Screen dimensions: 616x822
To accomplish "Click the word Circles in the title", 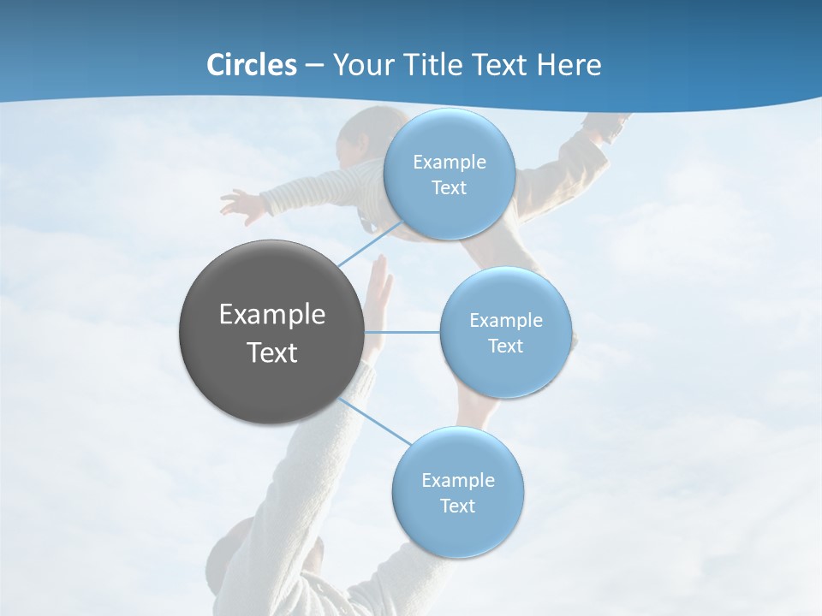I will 251,65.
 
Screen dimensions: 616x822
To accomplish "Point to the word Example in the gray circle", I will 272,315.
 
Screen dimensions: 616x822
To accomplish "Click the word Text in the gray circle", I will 272,352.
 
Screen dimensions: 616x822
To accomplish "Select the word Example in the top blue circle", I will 449,163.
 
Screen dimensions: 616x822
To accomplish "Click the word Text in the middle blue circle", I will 505,346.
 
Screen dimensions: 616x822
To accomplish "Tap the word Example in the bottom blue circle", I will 457,480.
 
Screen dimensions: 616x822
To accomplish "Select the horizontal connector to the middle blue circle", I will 402,332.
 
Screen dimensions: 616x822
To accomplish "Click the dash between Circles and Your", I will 314,66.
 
